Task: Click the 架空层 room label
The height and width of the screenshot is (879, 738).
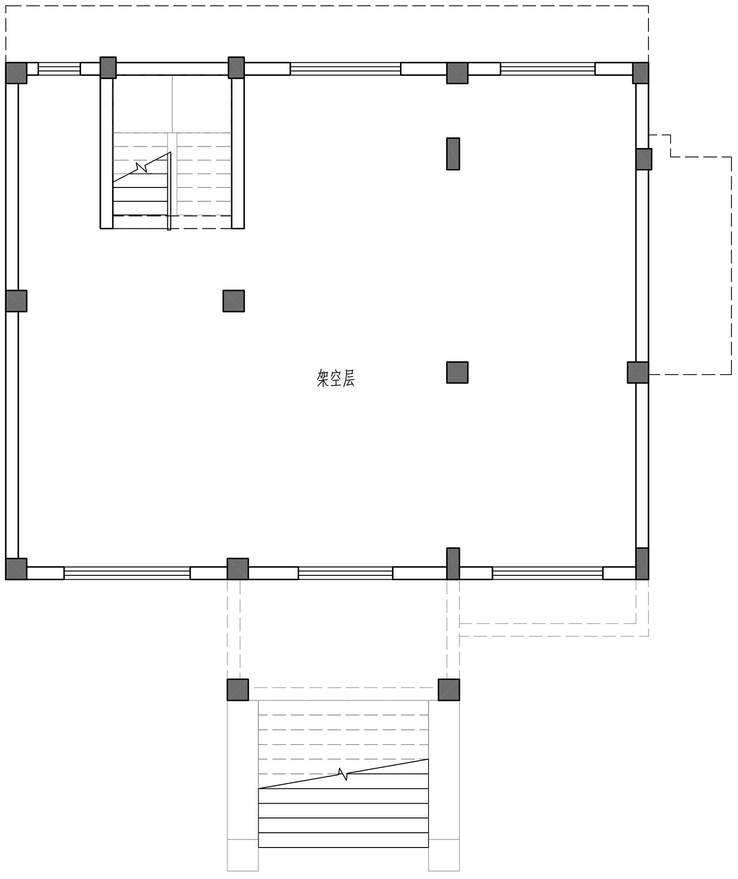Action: [336, 378]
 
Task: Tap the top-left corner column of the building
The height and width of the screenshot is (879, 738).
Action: [16, 73]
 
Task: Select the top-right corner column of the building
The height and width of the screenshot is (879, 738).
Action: [640, 73]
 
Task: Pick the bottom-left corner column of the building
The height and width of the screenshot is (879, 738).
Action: [16, 568]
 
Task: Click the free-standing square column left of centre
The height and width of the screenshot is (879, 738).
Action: [234, 301]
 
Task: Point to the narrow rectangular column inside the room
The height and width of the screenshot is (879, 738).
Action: [453, 154]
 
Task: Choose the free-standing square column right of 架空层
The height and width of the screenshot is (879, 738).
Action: [457, 373]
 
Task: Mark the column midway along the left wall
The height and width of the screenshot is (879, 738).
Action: [16, 301]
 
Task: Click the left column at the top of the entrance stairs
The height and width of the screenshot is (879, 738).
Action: [238, 690]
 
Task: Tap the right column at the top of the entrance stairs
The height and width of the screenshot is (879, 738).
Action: [449, 690]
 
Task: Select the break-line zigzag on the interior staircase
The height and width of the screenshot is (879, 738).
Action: [142, 167]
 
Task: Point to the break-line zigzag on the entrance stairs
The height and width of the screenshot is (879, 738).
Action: [343, 774]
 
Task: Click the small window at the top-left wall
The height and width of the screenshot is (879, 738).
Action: [59, 69]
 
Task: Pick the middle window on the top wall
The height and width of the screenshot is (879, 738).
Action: [345, 69]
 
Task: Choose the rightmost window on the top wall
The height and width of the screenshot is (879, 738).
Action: [548, 69]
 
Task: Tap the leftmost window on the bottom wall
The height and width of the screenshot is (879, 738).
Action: [127, 573]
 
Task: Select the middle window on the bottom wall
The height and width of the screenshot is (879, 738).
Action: [345, 573]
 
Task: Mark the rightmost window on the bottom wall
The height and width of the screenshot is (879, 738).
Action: [548, 573]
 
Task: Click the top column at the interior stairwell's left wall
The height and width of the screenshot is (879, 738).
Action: [108, 67]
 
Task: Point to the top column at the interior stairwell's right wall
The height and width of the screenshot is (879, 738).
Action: [236, 67]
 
